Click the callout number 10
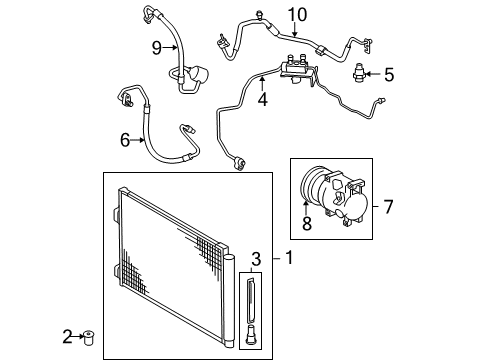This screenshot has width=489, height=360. pos(297,15)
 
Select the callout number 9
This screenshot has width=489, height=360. pos(157,48)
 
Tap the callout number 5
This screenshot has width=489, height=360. pos(389,74)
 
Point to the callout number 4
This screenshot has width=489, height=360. pos(263,99)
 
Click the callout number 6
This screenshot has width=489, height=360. pos(125,140)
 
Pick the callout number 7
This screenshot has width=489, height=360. pos(388,207)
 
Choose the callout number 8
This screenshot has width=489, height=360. pos(307,223)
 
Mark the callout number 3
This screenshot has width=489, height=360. pos(256,259)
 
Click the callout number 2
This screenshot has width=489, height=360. pos(68,337)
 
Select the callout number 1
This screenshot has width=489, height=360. pos(289,258)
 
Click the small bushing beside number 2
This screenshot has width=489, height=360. pos(89,337)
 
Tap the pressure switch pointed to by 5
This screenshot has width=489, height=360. pos(359,73)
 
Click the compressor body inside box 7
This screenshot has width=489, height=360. pos(347,199)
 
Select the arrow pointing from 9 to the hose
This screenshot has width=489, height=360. pos(170,48)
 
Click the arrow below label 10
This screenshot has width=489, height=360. pos(294,29)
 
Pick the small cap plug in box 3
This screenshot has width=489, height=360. pos(251,334)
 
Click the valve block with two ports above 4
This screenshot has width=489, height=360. pos(297,69)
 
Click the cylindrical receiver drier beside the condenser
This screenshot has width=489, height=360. pos(229,301)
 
